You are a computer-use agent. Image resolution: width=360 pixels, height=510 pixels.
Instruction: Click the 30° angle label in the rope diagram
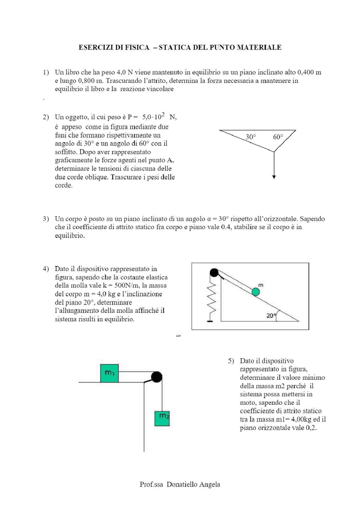tap(251, 137)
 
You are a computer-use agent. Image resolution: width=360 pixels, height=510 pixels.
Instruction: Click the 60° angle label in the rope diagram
tap(278, 137)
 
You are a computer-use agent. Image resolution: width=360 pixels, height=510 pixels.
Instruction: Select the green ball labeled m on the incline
tap(255, 292)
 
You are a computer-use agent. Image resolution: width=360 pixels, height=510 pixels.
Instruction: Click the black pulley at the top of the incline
tap(214, 272)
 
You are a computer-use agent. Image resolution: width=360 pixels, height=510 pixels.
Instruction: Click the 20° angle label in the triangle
tap(271, 316)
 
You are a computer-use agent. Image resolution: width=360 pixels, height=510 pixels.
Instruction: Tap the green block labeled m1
tap(109, 373)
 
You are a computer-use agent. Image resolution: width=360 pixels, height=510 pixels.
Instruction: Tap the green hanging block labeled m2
tap(162, 418)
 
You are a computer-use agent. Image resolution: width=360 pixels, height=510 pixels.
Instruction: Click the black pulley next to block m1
tap(157, 377)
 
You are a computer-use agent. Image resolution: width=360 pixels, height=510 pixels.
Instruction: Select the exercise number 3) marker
tap(46, 219)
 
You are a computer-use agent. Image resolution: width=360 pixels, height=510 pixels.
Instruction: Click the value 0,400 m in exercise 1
tap(309, 72)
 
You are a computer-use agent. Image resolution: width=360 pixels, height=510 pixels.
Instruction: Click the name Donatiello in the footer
tap(182, 484)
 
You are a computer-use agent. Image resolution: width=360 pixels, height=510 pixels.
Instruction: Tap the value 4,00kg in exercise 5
tap(301, 419)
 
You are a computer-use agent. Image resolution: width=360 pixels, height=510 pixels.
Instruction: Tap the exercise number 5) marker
tap(231, 361)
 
